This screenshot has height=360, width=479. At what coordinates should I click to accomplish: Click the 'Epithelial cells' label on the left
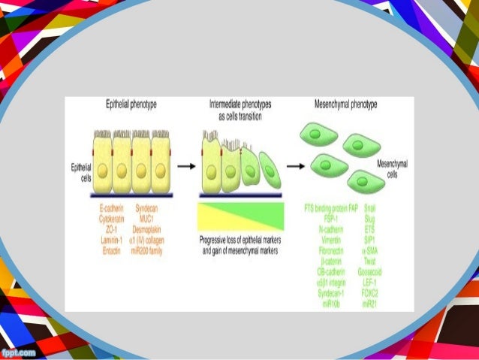81,172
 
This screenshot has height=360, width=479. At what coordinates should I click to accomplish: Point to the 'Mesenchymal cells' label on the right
393,168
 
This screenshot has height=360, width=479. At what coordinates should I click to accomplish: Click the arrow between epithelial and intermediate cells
187,163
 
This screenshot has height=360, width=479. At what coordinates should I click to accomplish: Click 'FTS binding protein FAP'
330,206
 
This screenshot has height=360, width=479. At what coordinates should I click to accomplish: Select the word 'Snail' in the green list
369,206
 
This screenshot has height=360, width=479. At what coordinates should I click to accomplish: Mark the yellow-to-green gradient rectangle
240,216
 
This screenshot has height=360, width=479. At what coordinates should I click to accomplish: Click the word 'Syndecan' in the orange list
156,206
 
